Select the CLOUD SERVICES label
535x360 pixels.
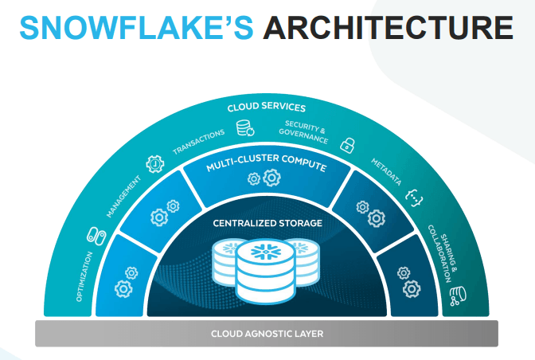267,108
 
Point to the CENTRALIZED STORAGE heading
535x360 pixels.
267,223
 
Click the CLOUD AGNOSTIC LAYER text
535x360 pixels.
267,333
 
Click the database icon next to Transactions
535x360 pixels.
244,127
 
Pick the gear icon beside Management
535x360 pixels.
154,165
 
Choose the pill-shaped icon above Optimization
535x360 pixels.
94,237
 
